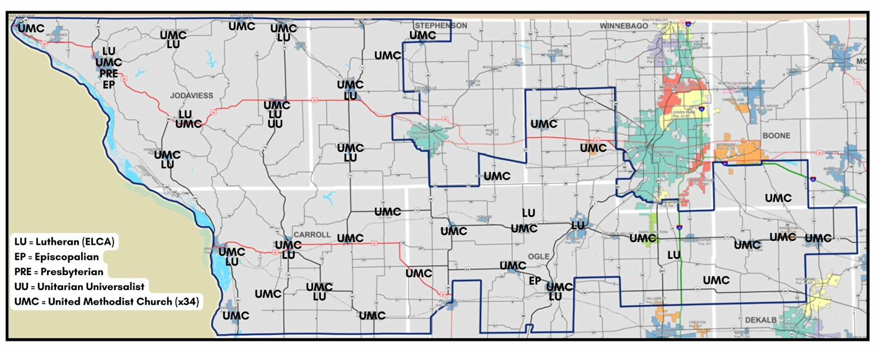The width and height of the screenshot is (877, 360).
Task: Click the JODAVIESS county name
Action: tap(191, 96)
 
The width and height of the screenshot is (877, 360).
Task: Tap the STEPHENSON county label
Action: tap(441, 26)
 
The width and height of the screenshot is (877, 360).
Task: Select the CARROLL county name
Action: tap(312, 235)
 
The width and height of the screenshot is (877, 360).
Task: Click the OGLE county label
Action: tap(539, 256)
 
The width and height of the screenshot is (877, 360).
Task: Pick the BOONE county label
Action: tap(776, 136)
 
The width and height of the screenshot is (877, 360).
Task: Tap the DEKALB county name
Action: tap(761, 320)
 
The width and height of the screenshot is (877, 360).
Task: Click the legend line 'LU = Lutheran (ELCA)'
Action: tap(64, 242)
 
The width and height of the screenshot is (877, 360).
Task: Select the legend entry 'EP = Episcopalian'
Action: tap(56, 257)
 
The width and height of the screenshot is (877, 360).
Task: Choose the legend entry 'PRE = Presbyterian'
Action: tap(59, 272)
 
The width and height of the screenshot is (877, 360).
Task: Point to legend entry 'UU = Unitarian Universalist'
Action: tap(79, 287)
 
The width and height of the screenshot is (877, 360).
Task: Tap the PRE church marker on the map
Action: tap(109, 73)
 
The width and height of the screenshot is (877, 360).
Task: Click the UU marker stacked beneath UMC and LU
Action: tap(275, 124)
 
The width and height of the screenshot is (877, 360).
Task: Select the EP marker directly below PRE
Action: tap(109, 84)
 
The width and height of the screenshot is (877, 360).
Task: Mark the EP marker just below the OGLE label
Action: tap(535, 281)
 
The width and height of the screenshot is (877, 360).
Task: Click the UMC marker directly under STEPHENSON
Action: tap(423, 36)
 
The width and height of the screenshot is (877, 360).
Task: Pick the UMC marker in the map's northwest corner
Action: tap(31, 29)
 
